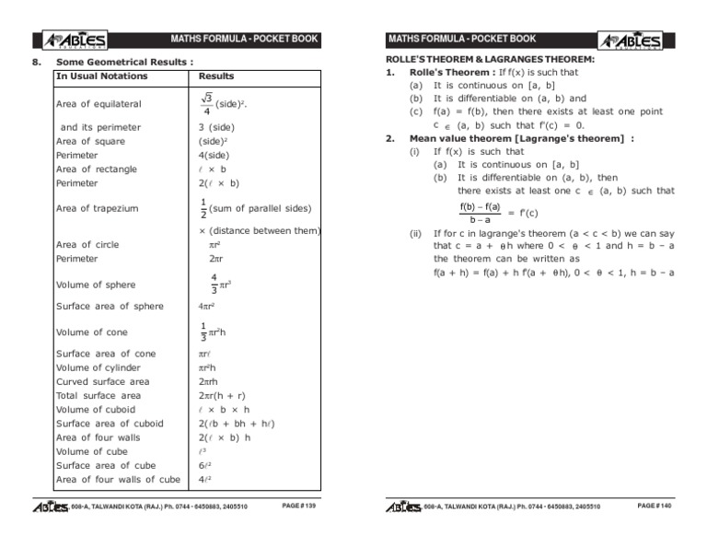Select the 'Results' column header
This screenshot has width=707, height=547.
216,76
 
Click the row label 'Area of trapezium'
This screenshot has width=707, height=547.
99,208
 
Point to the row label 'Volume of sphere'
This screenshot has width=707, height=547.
96,285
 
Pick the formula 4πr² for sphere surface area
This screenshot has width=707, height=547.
208,307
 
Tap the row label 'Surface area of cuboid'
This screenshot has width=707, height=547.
110,424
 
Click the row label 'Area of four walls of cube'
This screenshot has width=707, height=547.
118,480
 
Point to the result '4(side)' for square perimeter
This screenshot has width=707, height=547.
215,156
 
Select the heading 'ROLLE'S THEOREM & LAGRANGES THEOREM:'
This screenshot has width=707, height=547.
489,59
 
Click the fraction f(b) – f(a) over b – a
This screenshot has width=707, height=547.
480,213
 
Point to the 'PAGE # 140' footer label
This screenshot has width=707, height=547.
655,506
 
